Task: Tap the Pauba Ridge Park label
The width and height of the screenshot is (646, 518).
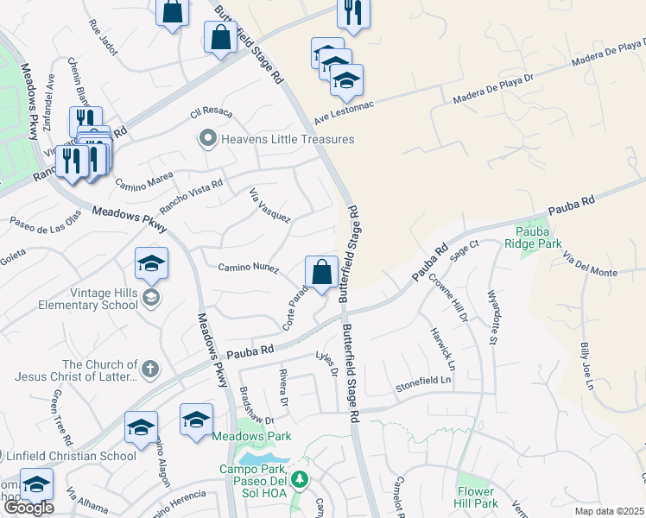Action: coord(538,238)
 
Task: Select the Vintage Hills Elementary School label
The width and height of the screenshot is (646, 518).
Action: coord(88,299)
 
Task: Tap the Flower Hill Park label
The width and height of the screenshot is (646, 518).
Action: coord(477,497)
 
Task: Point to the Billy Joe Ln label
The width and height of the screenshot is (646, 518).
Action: coord(586,366)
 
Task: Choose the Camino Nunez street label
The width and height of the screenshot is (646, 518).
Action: coord(248,268)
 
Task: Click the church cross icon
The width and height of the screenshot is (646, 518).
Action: coord(149,370)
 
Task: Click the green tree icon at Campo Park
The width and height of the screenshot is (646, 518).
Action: coord(299,478)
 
